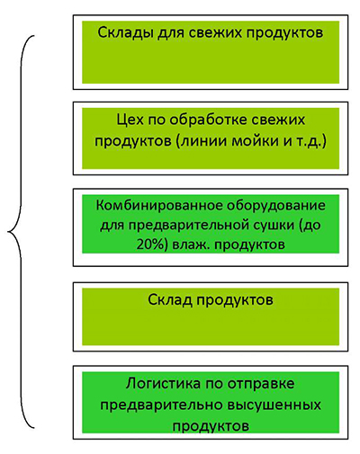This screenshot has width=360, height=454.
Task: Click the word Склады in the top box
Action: pyautogui.click(x=125, y=32)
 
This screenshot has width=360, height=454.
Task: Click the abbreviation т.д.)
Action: pyautogui.click(x=311, y=141)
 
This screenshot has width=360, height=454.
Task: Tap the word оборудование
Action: pyautogui.click(x=276, y=206)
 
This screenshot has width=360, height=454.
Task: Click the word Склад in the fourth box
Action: pyautogui.click(x=170, y=299)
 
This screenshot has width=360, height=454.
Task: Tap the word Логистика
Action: pyautogui.click(x=163, y=384)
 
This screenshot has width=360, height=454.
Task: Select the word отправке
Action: pyautogui.click(x=261, y=384)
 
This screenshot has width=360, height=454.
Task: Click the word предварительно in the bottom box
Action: pyautogui.click(x=161, y=405)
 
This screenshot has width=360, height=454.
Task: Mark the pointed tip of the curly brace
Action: pyautogui.click(x=8, y=231)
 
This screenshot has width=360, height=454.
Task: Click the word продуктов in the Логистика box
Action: pyautogui.click(x=211, y=426)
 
